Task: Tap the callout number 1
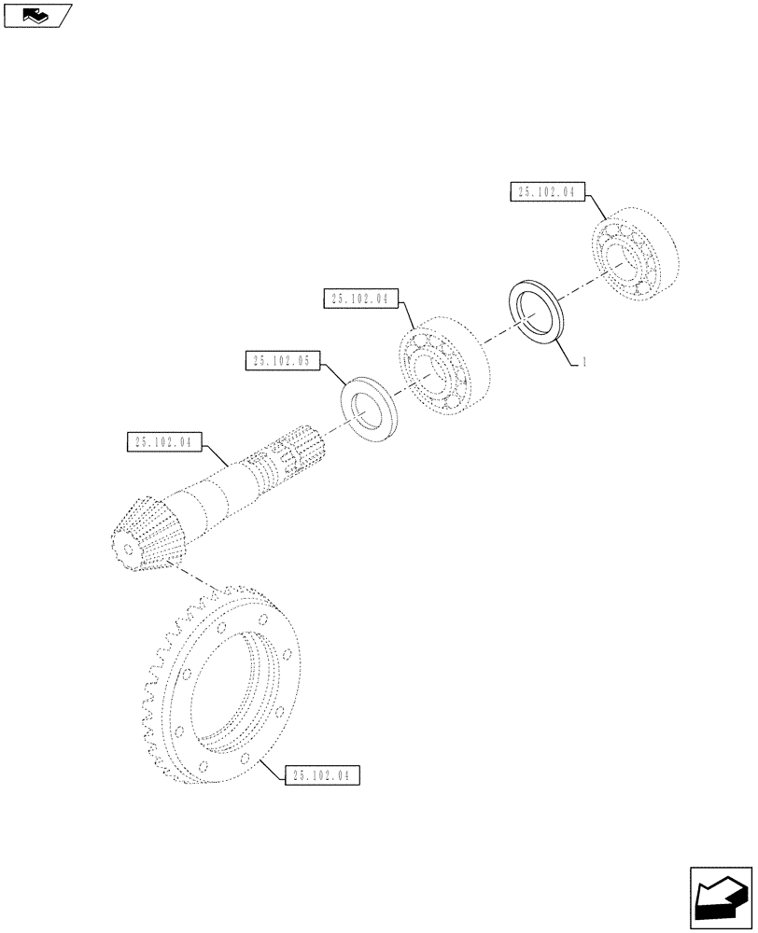[583, 363]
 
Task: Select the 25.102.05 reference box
[282, 359]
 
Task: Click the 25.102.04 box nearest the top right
[547, 192]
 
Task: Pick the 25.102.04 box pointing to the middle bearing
[361, 299]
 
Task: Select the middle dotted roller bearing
[439, 365]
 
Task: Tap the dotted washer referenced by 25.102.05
[371, 409]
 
